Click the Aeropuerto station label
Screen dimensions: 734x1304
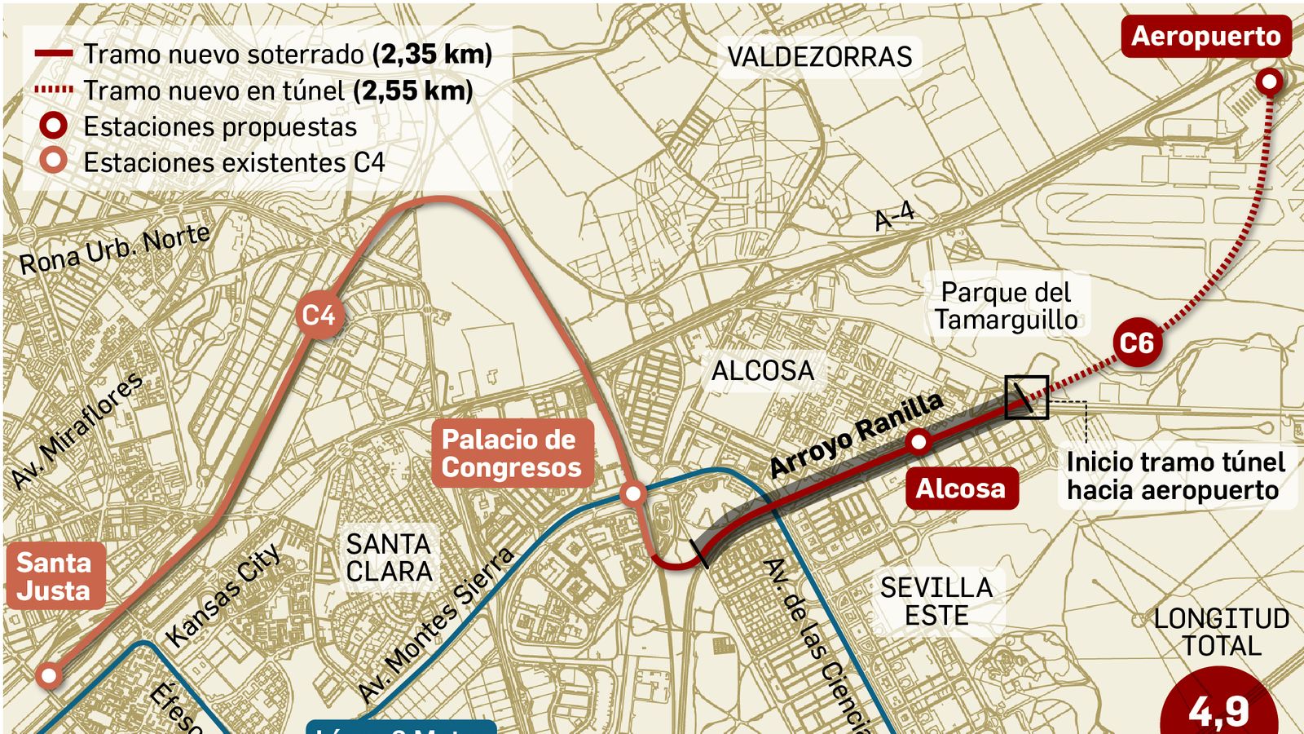(1205, 37)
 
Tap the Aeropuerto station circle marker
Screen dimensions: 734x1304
(1269, 82)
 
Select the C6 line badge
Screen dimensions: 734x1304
(1136, 343)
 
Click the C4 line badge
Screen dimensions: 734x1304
(319, 316)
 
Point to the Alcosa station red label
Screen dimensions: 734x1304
(961, 489)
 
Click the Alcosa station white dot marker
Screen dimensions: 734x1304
(919, 442)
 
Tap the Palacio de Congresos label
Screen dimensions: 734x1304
(511, 453)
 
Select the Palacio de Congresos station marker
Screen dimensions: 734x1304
(632, 493)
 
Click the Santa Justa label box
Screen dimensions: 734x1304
(54, 576)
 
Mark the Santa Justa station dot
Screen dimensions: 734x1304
(50, 675)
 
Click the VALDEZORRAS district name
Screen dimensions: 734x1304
(819, 57)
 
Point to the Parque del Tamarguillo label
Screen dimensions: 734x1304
(1007, 306)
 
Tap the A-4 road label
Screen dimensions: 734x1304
(894, 217)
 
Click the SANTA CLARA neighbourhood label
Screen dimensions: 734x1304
(389, 557)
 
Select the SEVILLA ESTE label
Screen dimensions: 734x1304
(936, 601)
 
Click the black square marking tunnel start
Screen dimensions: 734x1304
(1026, 397)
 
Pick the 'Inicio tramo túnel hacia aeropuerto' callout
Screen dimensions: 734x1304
(1175, 476)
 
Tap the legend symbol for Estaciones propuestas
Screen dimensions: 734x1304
(55, 126)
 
